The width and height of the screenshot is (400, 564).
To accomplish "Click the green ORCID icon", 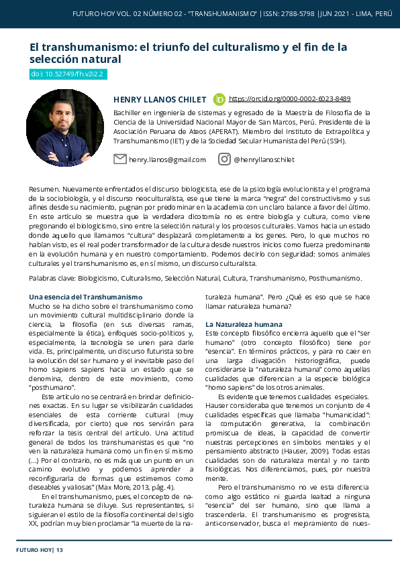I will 219,99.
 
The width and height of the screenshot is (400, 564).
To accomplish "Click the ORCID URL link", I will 289,98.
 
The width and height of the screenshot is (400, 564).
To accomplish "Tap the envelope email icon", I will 120,159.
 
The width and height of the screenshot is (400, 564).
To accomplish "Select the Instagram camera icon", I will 224,159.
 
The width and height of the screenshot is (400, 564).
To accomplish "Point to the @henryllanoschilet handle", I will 264,159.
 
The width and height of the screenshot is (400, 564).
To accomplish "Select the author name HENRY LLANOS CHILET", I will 160,99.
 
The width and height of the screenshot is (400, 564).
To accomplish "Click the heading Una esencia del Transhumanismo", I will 86,297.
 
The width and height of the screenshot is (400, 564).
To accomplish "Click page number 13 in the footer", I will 60,550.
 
